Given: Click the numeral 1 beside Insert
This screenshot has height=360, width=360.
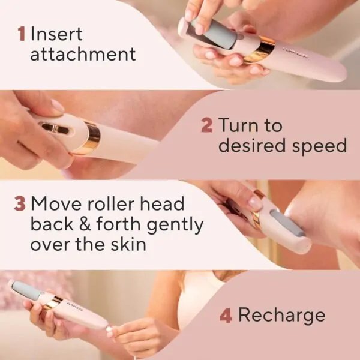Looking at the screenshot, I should [21, 34].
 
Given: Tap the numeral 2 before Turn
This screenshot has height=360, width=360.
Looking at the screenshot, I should [206, 126].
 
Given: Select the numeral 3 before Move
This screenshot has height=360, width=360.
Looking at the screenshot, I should [20, 204].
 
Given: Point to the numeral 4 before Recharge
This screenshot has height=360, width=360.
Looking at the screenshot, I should [226, 315].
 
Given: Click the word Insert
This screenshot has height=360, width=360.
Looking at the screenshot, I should [57, 34].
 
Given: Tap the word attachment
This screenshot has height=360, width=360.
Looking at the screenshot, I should [83, 55].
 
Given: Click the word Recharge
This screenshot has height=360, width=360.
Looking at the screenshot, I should [281, 315].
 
